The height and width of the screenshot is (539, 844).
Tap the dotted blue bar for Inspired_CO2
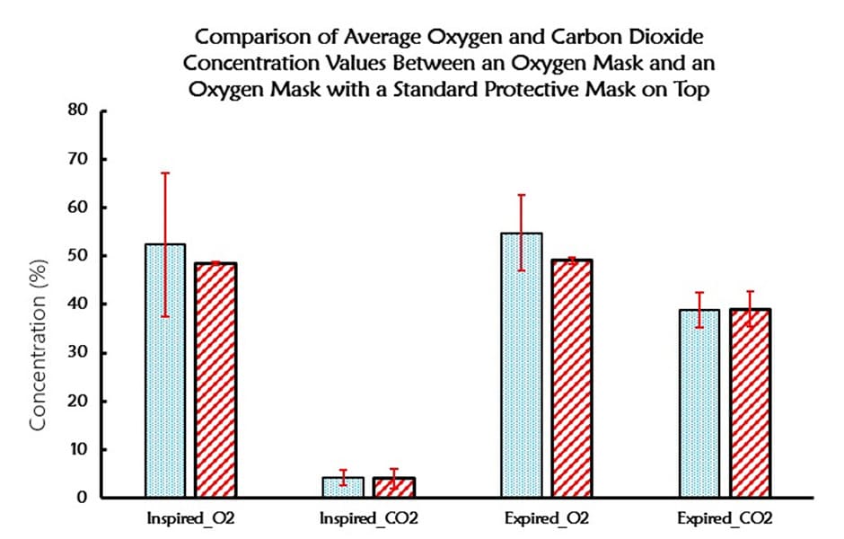343,487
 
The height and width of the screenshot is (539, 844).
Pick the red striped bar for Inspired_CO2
393,487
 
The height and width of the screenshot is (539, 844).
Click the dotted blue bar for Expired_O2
522,365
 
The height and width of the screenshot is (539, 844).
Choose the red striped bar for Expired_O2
572,378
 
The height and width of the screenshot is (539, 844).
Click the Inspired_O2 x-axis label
190,519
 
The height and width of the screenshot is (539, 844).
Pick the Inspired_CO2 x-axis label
368,519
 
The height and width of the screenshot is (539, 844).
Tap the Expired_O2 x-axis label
547,519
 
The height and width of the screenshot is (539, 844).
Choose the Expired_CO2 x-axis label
725,519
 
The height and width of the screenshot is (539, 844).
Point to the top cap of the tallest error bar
165,172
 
